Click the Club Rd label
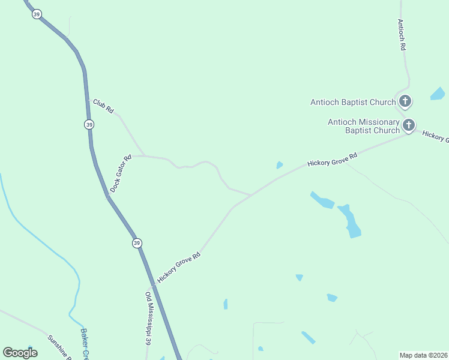coord(103,106)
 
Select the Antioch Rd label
coord(402,34)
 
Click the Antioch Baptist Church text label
coord(353,102)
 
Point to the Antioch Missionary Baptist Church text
coord(364,126)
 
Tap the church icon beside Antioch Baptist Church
coord(405,101)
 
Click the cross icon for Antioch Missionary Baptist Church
coord(409,125)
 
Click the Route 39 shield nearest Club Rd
coord(89,124)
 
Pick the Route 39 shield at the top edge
coord(37,14)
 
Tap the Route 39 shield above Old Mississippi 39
coord(137,243)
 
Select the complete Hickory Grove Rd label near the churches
coord(332,160)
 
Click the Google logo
coord(20,353)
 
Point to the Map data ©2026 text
coord(424,355)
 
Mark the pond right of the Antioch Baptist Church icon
coord(438,94)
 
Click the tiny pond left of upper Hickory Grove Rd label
coord(279,165)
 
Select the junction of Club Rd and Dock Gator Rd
coord(143,155)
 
